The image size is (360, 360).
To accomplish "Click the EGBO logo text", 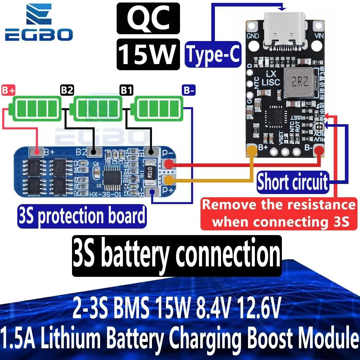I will click(39, 35).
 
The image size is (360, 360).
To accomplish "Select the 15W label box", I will click(148, 54).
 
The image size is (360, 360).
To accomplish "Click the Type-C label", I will click(213, 55).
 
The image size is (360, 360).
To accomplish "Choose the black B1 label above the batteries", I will click(126, 90).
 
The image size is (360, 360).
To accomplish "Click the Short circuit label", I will click(293, 182).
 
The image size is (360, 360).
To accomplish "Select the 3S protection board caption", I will click(82, 216).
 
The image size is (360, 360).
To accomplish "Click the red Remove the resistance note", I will click(279, 213).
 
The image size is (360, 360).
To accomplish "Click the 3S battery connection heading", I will click(177, 255).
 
